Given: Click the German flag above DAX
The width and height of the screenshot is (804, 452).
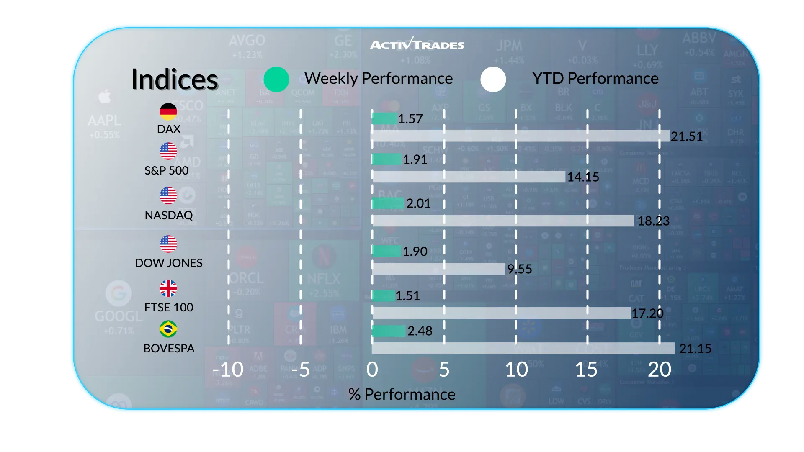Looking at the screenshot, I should click(x=168, y=111).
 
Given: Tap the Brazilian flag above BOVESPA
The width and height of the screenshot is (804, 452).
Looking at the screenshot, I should click(x=168, y=329).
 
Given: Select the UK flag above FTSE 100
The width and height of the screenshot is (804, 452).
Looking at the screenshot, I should click(x=168, y=288).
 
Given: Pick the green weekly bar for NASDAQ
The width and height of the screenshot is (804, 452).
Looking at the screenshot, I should click(x=388, y=203).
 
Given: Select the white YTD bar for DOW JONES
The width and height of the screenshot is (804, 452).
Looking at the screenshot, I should click(x=438, y=269).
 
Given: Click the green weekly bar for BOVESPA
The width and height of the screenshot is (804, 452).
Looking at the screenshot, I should click(x=389, y=331).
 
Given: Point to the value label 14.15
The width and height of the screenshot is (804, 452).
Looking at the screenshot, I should click(x=583, y=177).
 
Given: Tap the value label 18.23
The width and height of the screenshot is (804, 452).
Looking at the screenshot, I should click(x=653, y=221).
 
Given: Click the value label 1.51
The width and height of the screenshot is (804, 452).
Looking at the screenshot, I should click(x=407, y=296).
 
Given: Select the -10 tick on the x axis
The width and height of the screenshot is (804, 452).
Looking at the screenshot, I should click(x=228, y=370).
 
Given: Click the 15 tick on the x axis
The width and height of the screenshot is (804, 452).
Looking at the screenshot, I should click(x=586, y=370).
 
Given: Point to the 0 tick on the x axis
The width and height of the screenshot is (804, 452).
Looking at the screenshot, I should click(x=372, y=370).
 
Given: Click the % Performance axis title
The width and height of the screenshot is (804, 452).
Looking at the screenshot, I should click(x=402, y=394).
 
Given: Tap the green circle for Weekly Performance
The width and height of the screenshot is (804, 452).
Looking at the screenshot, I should click(x=276, y=79).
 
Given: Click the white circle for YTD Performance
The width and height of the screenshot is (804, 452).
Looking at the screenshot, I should click(x=493, y=79).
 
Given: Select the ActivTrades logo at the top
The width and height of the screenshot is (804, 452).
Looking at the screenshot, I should click(x=417, y=44).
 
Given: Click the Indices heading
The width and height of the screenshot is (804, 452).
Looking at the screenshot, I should click(x=175, y=80).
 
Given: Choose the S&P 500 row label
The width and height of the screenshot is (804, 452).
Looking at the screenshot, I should click(x=167, y=171).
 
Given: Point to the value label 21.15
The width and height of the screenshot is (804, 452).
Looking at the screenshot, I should click(x=695, y=349).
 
